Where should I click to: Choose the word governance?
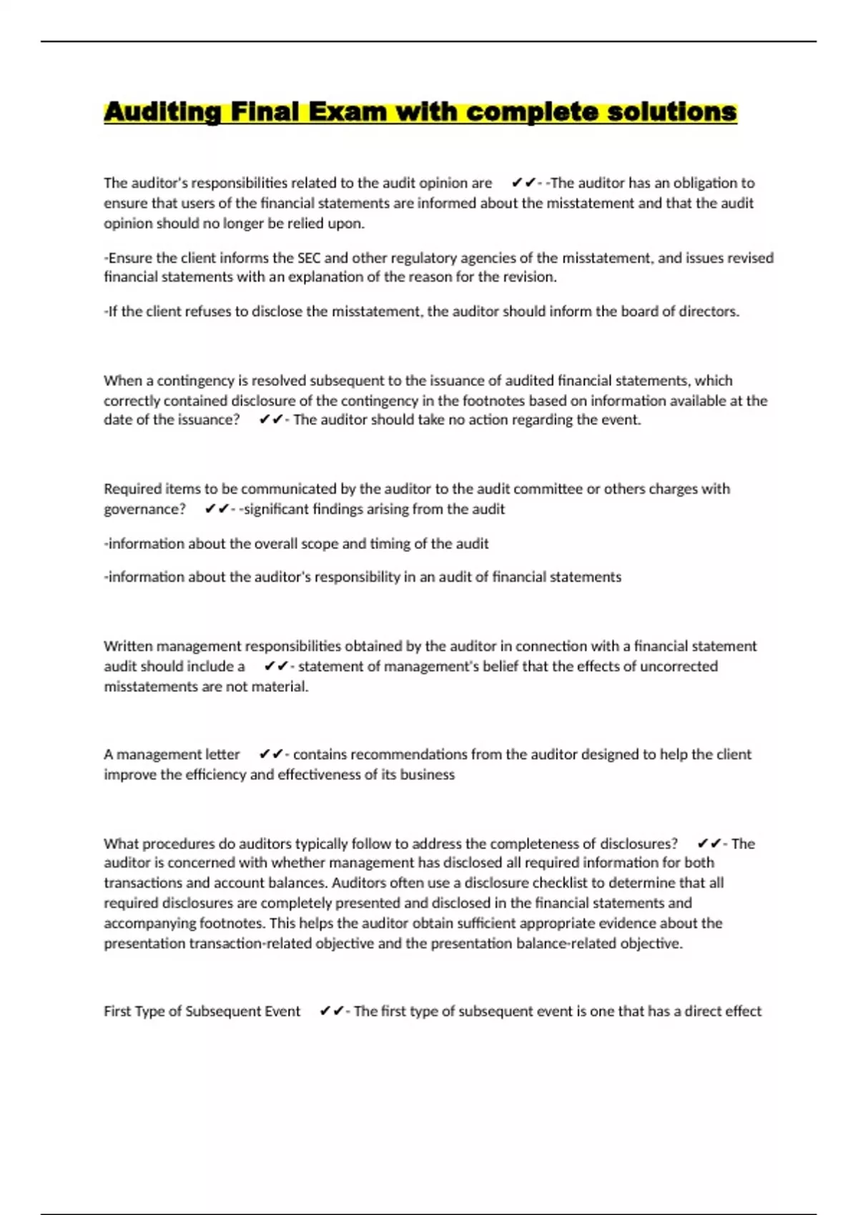144,509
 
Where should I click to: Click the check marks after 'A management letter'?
271,754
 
